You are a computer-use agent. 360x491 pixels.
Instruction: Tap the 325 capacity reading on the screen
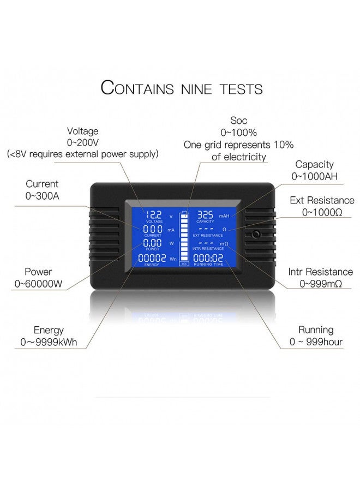205,214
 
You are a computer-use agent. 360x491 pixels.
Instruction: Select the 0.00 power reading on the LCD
153,243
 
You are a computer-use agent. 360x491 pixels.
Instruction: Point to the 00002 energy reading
152,258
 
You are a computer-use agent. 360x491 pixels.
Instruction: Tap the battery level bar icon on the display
184,238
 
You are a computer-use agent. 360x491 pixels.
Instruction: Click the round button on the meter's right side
256,236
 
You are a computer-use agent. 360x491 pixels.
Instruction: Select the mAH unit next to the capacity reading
224,216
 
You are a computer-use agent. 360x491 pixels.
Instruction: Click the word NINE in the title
202,88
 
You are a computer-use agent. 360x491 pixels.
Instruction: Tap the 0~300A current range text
42,195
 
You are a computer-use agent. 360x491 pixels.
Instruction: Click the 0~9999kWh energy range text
49,342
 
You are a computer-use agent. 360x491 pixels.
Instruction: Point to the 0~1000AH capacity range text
314,176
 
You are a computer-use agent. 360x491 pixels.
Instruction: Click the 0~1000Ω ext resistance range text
322,212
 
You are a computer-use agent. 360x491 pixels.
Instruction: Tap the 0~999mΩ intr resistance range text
321,284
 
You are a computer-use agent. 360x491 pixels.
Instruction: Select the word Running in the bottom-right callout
316,330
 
